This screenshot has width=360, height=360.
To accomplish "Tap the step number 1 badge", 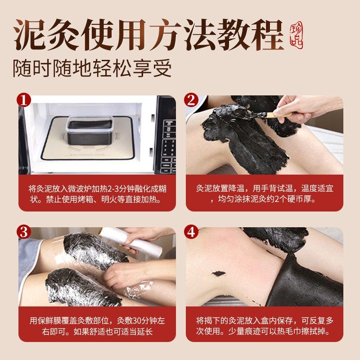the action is click(24, 100).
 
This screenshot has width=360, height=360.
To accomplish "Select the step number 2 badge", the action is click(191, 100).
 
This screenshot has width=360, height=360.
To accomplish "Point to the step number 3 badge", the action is click(24, 232).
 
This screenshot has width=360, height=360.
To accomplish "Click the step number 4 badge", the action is click(191, 232).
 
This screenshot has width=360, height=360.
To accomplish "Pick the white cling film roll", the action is click(131, 240).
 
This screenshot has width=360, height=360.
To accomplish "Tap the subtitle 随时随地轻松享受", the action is click(92, 68).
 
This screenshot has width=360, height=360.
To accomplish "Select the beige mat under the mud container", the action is click(88, 138).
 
